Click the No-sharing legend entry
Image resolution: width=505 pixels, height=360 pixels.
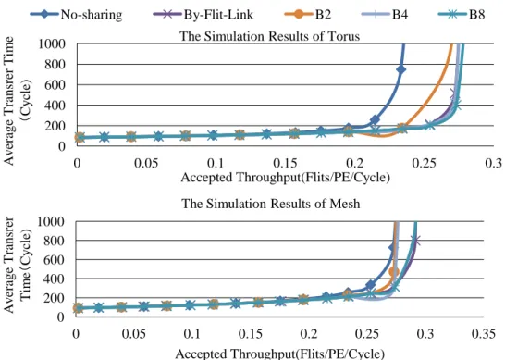pyautogui.click(x=76, y=15)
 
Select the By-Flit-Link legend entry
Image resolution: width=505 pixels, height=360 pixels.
pyautogui.click(x=203, y=15)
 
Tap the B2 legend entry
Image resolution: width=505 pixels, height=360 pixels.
pyautogui.click(x=308, y=15)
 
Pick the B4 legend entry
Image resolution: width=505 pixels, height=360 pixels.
pyautogui.click(x=385, y=15)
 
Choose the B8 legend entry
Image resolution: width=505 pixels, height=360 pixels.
pyautogui.click(x=462, y=15)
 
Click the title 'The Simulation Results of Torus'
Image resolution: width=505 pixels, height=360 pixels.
pyautogui.click(x=269, y=36)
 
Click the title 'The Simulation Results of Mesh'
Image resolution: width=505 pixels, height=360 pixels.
pyautogui.click(x=270, y=204)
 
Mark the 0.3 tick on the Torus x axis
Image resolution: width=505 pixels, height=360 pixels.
pyautogui.click(x=493, y=163)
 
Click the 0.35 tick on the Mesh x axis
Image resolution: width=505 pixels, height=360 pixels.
pyautogui.click(x=483, y=334)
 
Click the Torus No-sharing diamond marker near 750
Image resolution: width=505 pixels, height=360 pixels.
pyautogui.click(x=400, y=69)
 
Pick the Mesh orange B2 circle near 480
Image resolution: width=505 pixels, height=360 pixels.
pyautogui.click(x=394, y=272)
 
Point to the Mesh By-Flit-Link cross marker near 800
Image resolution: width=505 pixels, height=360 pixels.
pyautogui.click(x=415, y=241)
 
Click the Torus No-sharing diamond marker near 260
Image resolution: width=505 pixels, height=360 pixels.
pyautogui.click(x=375, y=120)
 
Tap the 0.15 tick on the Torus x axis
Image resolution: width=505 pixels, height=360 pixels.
pyautogui.click(x=285, y=163)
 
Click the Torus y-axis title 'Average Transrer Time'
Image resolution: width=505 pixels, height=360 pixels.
pyautogui.click(x=9, y=101)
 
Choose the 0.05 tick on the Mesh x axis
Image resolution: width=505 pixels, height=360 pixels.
pyautogui.click(x=134, y=334)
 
